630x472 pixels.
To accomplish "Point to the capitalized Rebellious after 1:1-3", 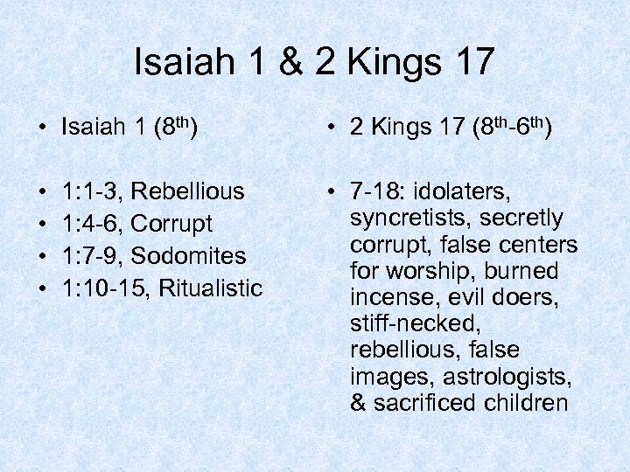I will click(x=188, y=191).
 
